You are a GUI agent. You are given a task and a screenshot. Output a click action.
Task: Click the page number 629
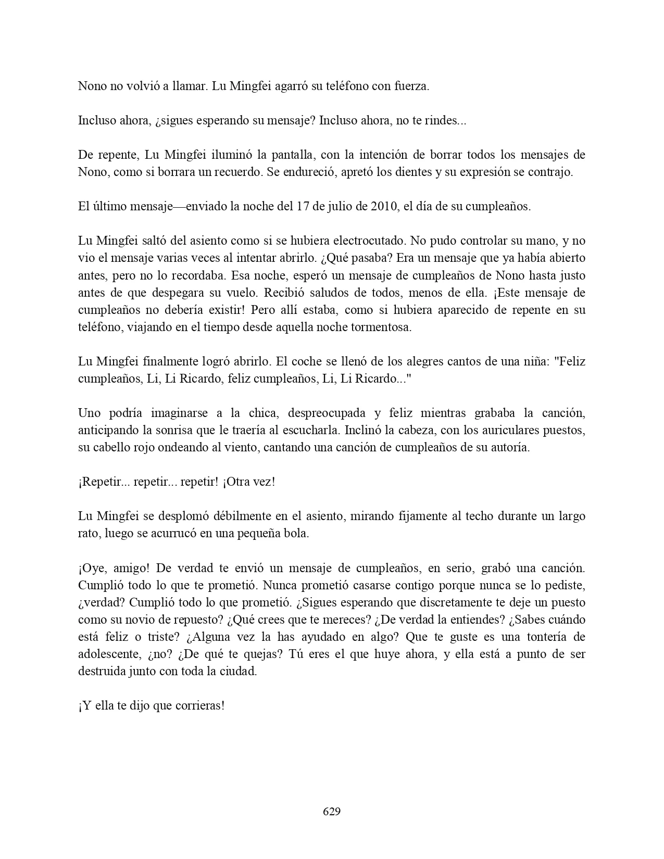pyautogui.click(x=332, y=812)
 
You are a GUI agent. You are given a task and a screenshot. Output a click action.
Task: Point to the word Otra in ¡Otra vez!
pyautogui.click(x=238, y=482)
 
